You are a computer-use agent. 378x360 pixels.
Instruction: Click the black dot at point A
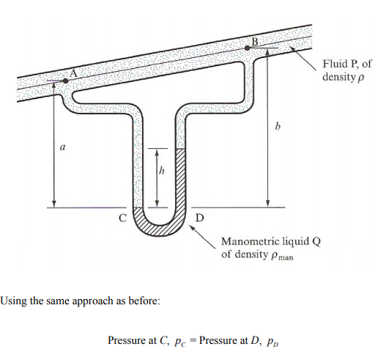[65, 81]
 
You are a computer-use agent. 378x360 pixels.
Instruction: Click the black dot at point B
[248, 48]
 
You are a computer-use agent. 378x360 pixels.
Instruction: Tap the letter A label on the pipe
[73, 73]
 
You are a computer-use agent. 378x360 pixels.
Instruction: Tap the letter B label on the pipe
[255, 42]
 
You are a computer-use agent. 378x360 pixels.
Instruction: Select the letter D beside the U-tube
[199, 217]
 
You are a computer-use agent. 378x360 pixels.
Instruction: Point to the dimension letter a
[63, 147]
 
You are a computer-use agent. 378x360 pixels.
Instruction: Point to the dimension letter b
[278, 126]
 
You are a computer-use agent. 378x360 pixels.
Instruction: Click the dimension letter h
[161, 170]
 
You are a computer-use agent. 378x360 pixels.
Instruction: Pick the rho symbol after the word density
[360, 78]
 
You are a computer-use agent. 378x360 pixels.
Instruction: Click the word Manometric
[251, 241]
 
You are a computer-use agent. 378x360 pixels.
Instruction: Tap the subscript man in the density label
[286, 257]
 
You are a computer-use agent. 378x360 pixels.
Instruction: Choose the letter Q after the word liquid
[316, 242]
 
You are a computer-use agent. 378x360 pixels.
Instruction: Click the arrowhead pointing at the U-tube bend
[193, 228]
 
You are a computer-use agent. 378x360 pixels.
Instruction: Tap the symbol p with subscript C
[180, 342]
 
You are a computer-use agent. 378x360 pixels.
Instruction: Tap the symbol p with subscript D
[273, 342]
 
